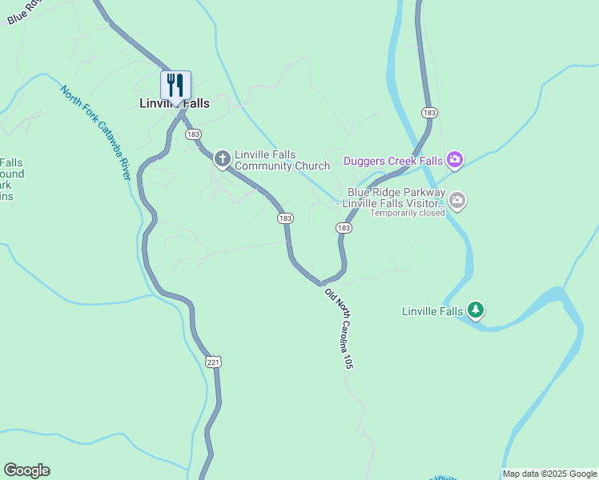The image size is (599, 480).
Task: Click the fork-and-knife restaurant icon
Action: coord(175,85)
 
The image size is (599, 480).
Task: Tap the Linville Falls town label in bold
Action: coord(173,103)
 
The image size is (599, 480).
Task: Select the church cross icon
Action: coord(223,159)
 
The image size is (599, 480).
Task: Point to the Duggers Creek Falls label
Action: coord(393,161)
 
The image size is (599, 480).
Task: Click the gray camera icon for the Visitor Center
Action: coord(456,200)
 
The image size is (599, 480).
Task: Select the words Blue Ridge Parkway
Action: coord(396,192)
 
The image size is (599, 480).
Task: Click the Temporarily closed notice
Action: coord(408,213)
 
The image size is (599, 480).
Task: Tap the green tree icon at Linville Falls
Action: coord(476,310)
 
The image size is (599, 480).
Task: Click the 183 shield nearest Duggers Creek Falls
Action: coord(430,113)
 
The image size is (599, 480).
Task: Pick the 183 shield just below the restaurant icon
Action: coord(193,134)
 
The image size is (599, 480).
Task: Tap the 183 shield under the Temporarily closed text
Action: coord(344,228)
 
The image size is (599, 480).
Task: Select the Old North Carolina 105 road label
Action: coord(339,328)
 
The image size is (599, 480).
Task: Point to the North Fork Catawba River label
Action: coord(95,132)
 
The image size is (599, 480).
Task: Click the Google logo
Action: coord(26,470)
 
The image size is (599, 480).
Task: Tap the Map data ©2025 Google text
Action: coord(549,474)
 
